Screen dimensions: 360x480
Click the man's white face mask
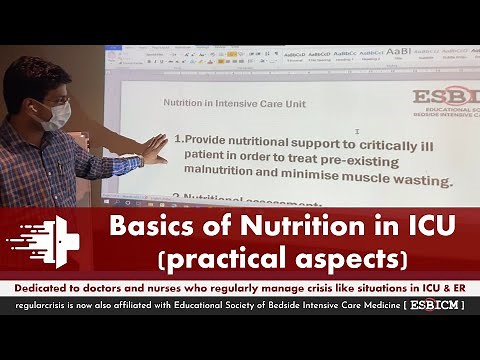pyautogui.click(x=57, y=114)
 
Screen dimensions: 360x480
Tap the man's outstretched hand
pyautogui.click(x=152, y=149)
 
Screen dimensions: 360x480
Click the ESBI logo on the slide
pyautogui.click(x=446, y=98)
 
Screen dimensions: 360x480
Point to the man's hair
pyautogui.click(x=34, y=75)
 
